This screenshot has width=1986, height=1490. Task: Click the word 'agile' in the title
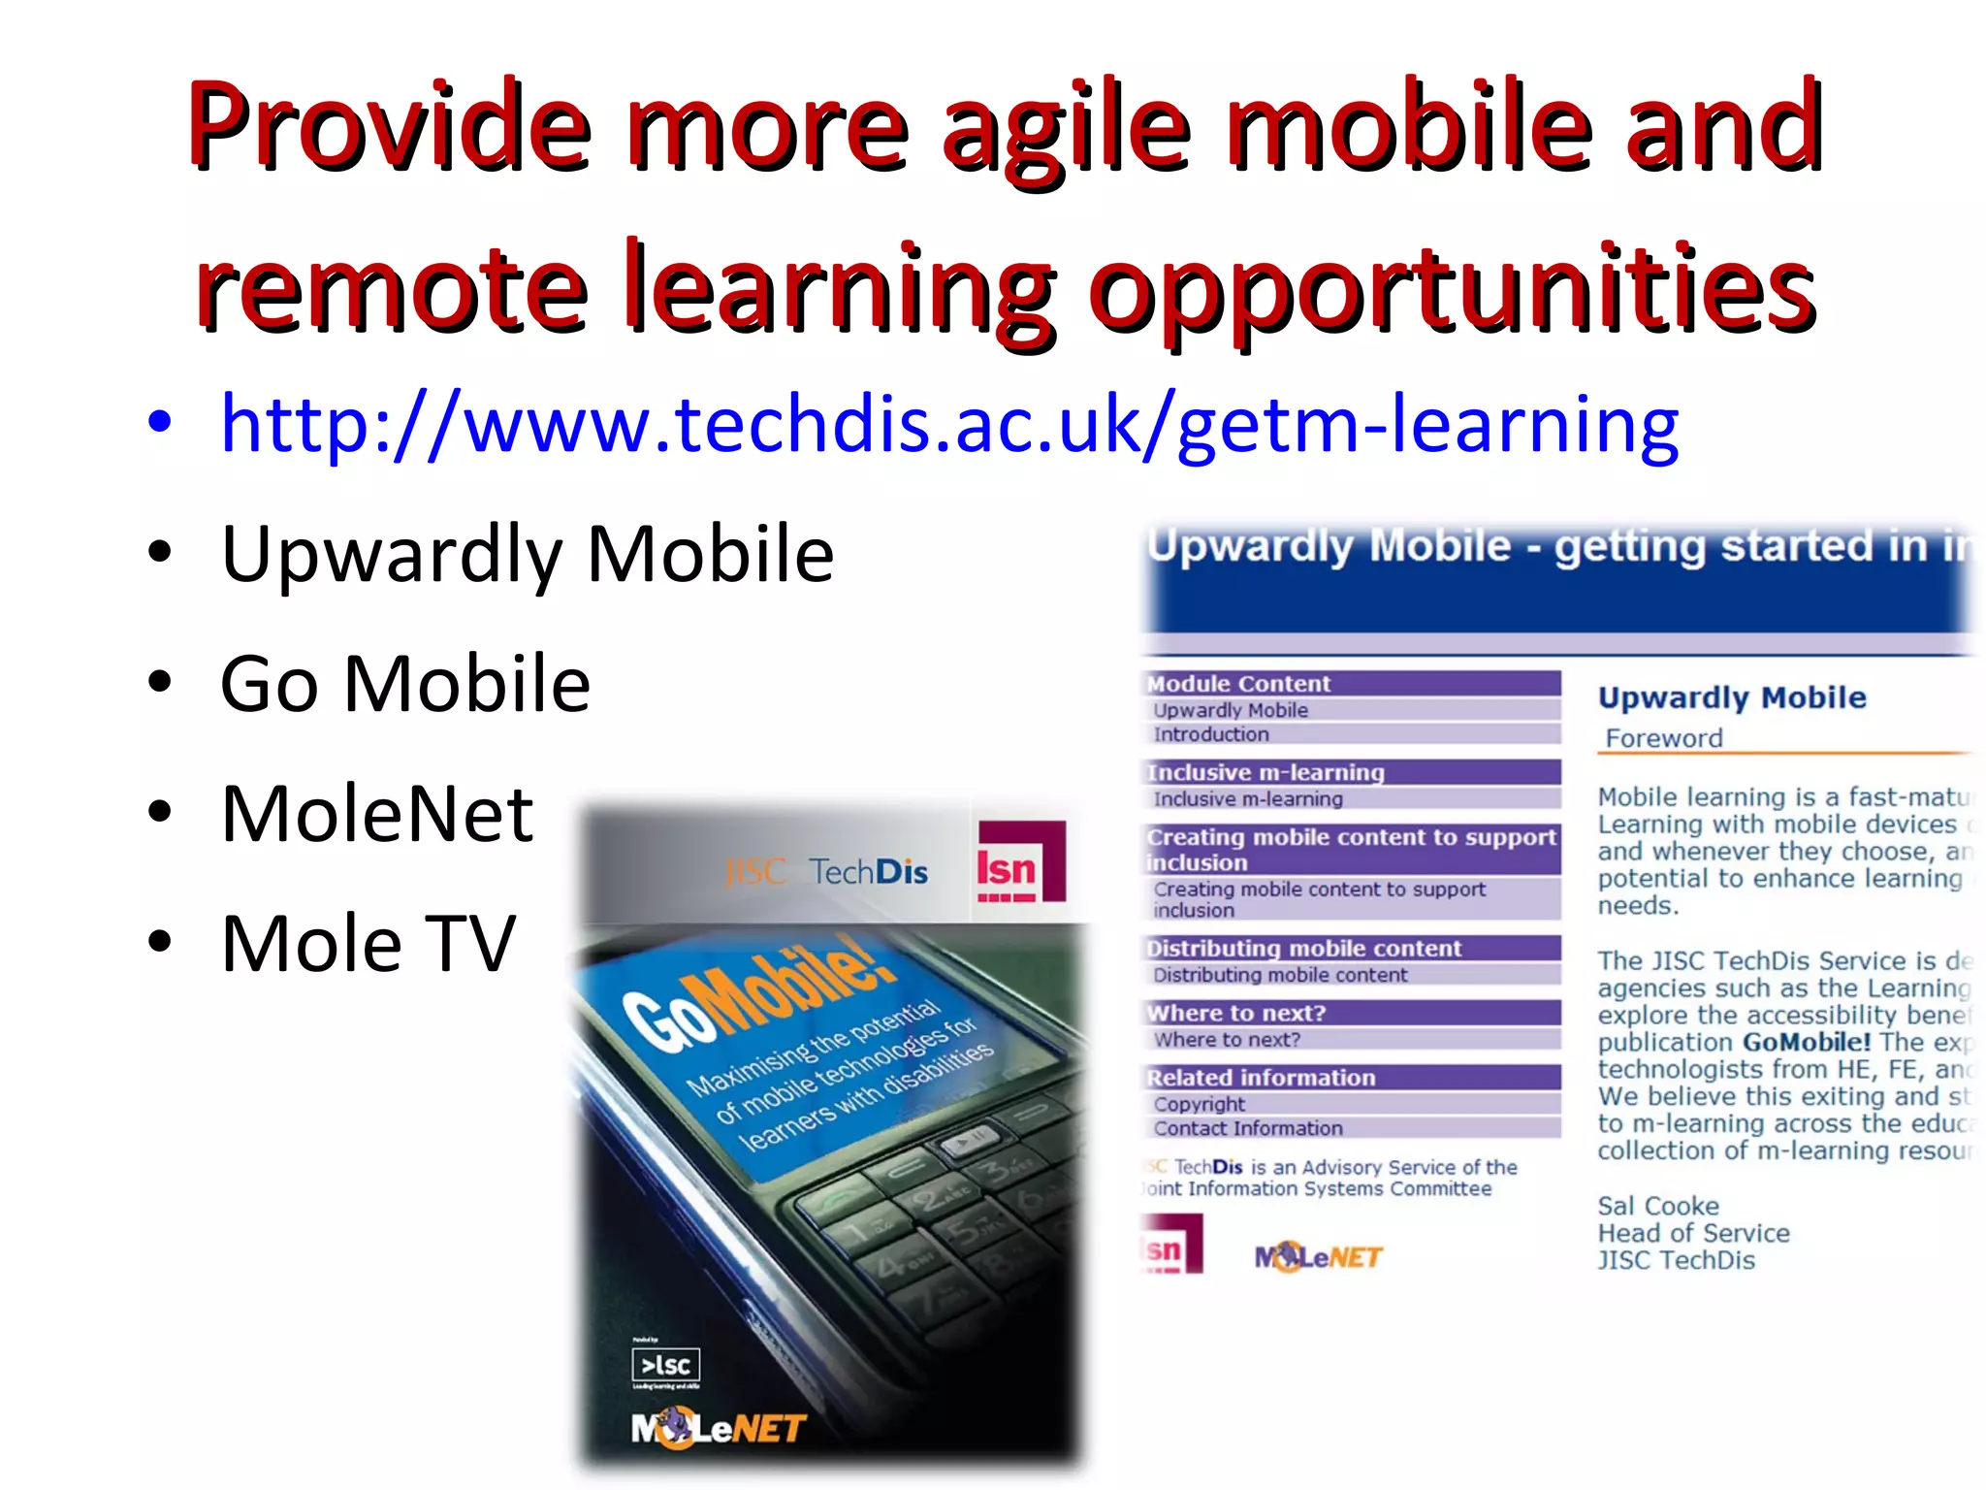(x=1067, y=126)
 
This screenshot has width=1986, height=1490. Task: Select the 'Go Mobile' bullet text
(x=404, y=684)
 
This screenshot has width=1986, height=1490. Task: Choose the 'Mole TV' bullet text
(x=368, y=943)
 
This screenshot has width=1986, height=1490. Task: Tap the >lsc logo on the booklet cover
(x=665, y=1365)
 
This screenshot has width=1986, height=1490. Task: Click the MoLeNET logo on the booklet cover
(x=718, y=1428)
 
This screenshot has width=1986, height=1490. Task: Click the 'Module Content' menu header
(x=1238, y=684)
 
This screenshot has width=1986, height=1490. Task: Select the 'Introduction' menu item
(x=1211, y=734)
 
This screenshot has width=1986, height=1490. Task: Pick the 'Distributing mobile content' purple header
(x=1303, y=948)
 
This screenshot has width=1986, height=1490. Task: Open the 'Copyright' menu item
(x=1200, y=1104)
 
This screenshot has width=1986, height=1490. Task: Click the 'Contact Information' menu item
(x=1248, y=1128)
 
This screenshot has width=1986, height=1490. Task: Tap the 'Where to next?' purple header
(x=1236, y=1013)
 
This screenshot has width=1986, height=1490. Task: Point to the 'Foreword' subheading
(x=1664, y=738)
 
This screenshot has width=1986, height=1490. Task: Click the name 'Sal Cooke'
(x=1658, y=1206)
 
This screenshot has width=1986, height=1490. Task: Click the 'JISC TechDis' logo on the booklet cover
(x=826, y=872)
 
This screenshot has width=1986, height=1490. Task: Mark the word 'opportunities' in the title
(x=1451, y=289)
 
